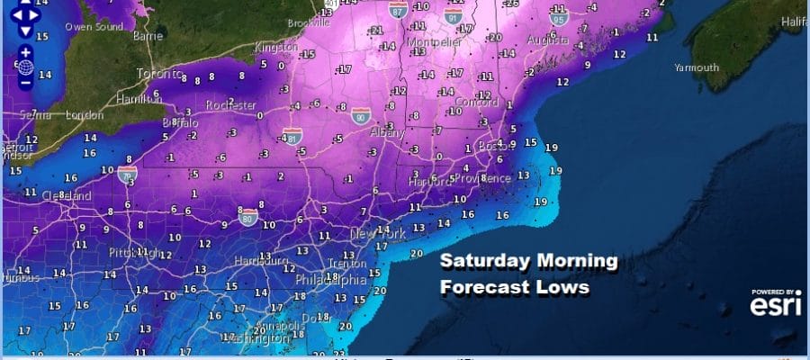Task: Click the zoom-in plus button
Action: tap(24, 51)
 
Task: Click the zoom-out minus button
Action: tap(24, 83)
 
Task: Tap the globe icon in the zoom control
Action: tap(24, 67)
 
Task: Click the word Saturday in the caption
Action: tap(483, 262)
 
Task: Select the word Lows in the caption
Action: tap(563, 287)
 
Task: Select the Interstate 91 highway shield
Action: tap(454, 15)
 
